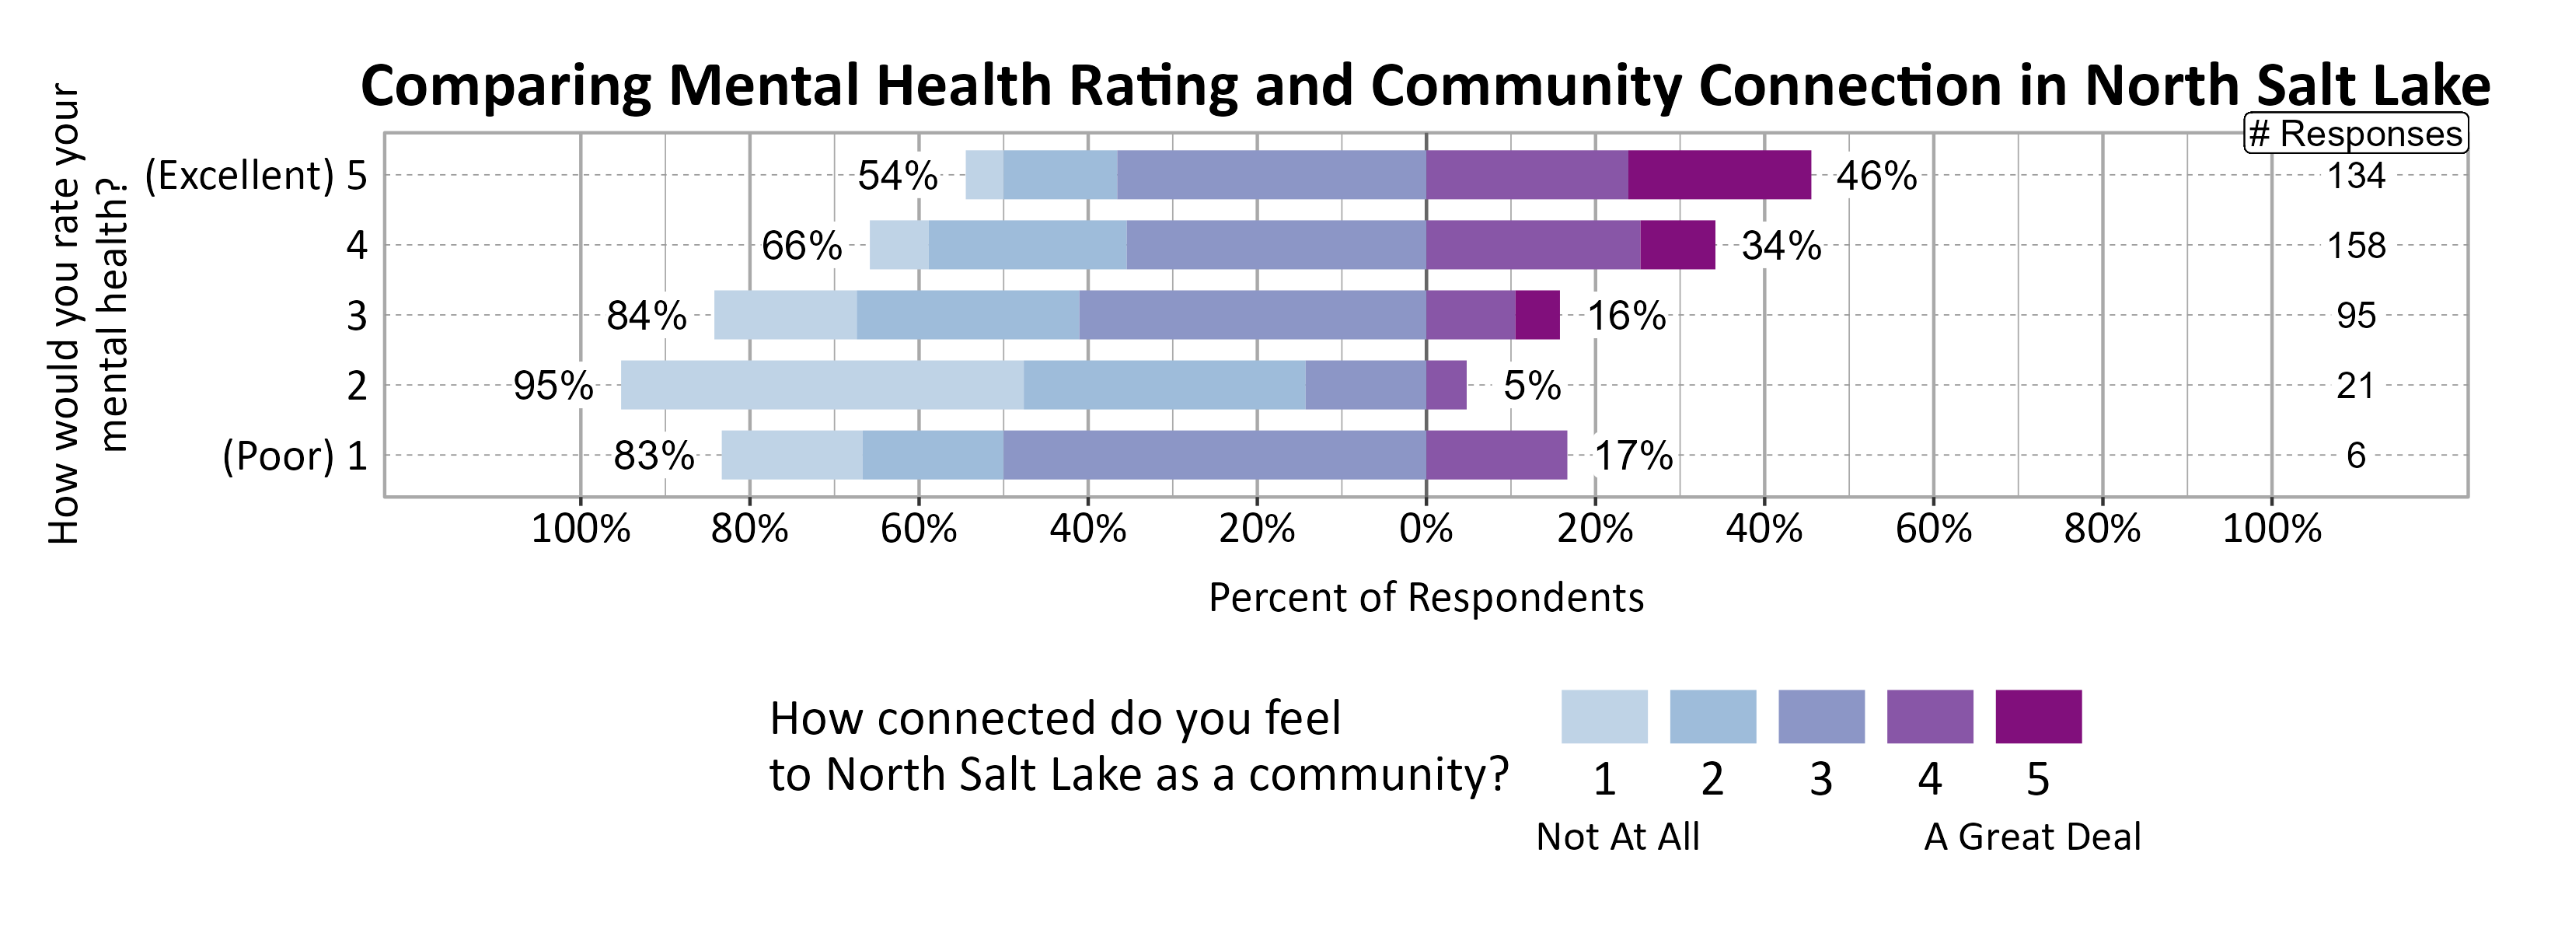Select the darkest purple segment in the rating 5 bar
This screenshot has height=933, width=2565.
click(1719, 175)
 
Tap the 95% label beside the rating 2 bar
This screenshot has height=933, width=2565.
click(553, 386)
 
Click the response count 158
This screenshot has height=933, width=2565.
click(2356, 245)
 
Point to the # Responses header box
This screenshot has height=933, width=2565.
click(2356, 134)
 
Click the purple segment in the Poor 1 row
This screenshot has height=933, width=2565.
click(1495, 455)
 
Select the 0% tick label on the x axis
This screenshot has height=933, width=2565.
click(1426, 529)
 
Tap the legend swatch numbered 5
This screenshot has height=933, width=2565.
click(2038, 716)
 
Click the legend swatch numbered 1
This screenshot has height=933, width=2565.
click(1604, 716)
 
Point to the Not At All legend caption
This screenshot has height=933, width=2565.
click(1618, 837)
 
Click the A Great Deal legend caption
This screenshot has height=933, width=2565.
click(2033, 837)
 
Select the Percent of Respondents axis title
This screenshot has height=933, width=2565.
click(1426, 597)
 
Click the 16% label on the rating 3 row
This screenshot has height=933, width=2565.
click(1626, 316)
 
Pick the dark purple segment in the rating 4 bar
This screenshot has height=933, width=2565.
click(1678, 245)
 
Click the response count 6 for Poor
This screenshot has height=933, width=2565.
click(2356, 455)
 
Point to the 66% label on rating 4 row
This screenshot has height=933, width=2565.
click(801, 245)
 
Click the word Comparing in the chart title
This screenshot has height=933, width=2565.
click(504, 86)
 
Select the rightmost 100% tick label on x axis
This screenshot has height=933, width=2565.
click(2271, 529)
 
